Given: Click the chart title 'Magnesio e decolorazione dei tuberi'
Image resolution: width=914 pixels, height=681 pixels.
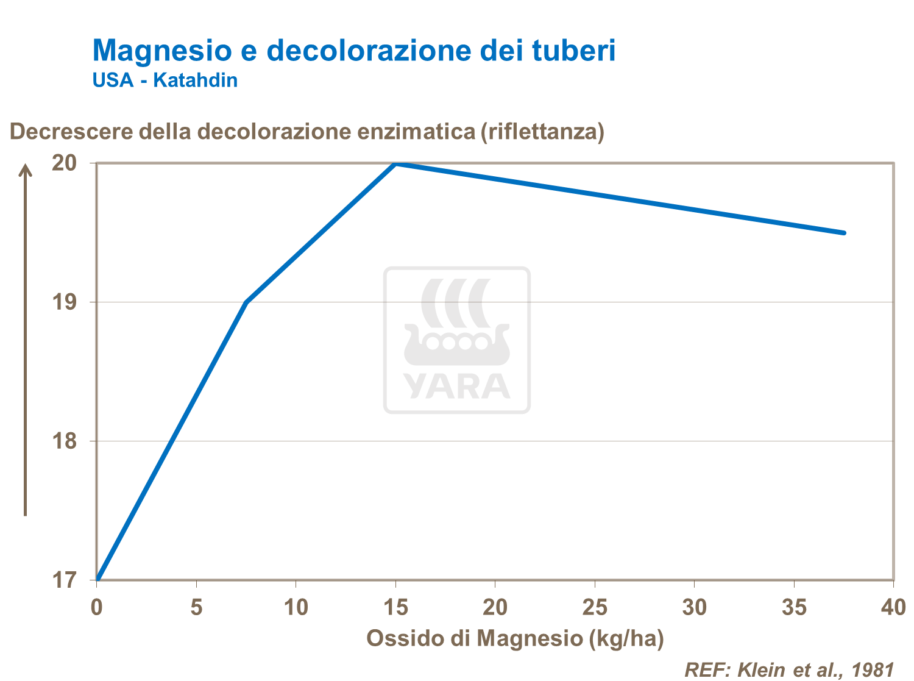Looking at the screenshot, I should point(353,50).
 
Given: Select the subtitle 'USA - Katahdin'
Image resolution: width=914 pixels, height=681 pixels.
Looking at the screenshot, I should point(165,80).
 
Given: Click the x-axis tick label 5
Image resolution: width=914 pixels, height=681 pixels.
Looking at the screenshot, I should point(196,607).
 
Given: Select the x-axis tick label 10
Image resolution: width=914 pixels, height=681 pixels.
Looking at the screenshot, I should point(296,607).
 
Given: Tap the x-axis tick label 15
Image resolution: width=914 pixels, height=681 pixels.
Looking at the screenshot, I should point(395,607).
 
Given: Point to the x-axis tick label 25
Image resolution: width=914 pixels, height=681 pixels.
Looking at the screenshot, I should point(595,607).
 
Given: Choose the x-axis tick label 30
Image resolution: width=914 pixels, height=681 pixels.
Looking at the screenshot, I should point(694,607).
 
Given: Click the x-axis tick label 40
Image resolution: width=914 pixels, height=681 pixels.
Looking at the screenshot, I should point(893,607).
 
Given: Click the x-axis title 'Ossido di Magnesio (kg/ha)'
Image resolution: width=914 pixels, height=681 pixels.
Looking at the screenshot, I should point(515,638).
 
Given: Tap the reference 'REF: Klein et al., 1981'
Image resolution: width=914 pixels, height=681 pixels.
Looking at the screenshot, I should point(789,669).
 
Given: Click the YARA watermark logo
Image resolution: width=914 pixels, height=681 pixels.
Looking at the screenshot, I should point(457,340).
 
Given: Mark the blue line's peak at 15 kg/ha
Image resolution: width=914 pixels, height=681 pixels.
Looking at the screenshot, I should point(395,163).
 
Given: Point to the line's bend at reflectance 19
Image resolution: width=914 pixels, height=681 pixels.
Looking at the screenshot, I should point(246,302).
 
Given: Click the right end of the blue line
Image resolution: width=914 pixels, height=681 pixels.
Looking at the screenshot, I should point(844,232).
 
